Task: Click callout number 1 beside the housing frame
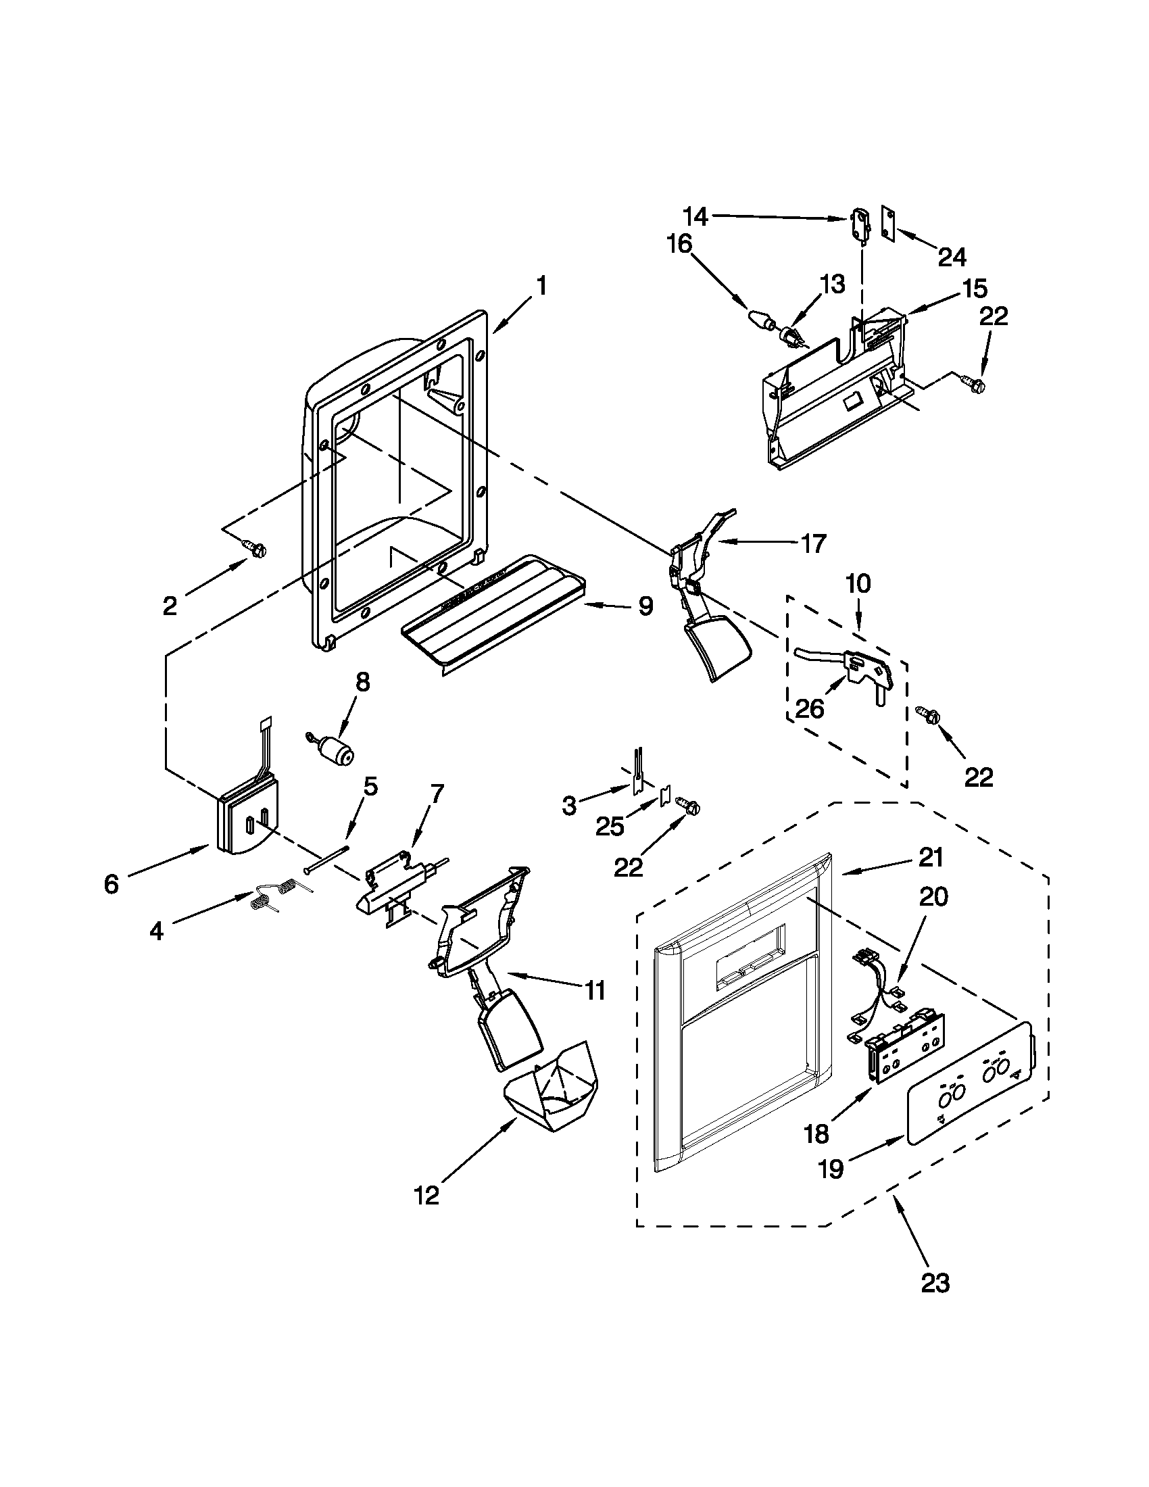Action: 541,285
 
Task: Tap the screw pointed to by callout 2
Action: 255,547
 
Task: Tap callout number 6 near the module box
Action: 111,884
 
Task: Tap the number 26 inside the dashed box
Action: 809,708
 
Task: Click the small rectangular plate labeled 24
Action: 888,222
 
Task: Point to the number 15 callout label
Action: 975,288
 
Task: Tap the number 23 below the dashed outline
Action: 935,1283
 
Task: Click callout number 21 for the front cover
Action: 931,858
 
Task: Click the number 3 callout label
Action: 569,806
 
